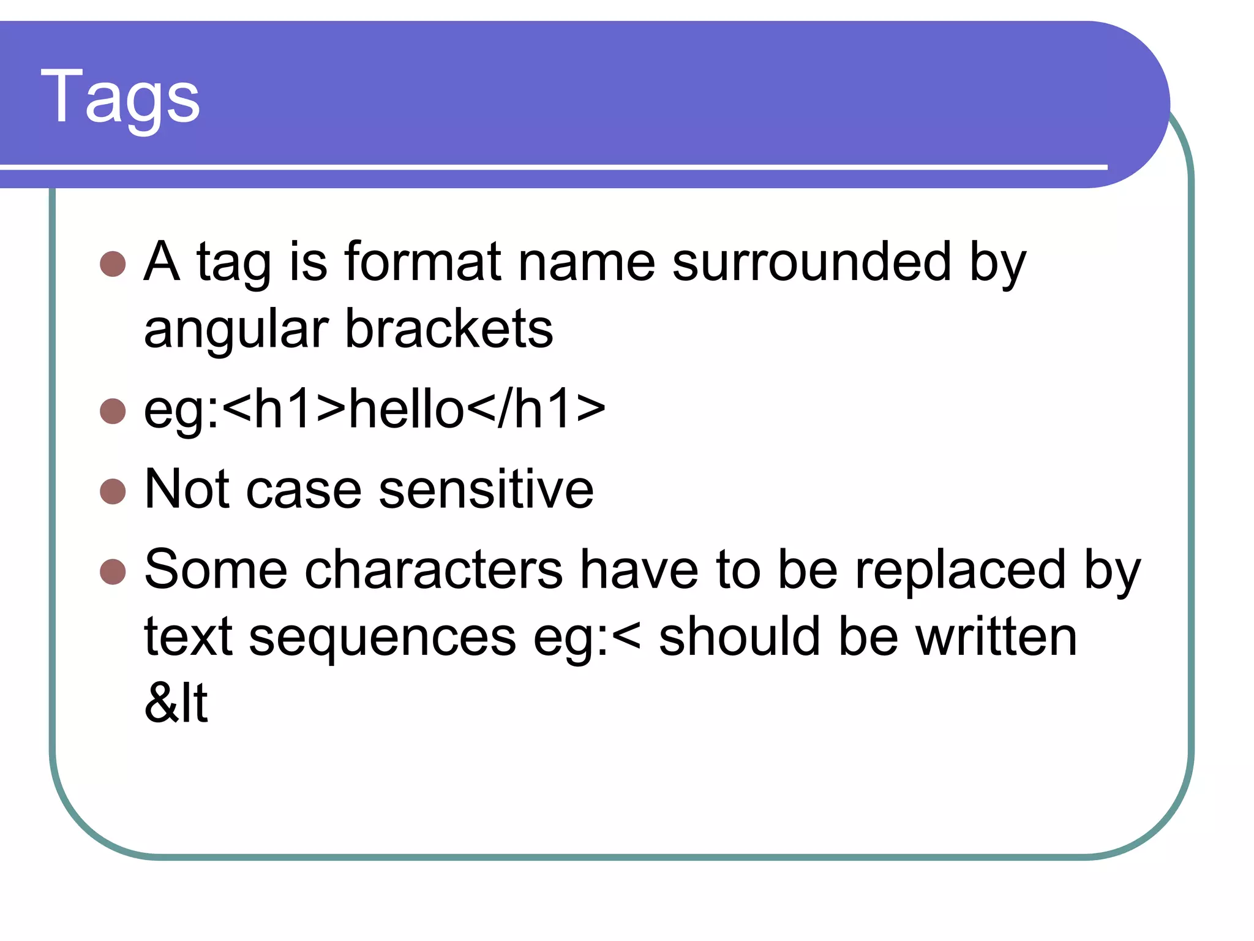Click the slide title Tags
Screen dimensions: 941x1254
click(120, 97)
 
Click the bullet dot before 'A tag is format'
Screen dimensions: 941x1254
click(113, 263)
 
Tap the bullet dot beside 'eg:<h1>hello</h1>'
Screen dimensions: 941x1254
click(113, 411)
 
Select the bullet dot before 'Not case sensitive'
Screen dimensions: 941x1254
click(113, 491)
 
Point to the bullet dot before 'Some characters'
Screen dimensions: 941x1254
click(113, 572)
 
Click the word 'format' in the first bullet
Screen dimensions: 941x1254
click(423, 262)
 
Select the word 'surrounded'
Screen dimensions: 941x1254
click(812, 262)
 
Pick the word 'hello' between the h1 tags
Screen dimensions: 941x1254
click(407, 409)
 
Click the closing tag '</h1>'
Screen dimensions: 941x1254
click(536, 409)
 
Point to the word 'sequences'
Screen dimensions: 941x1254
click(382, 637)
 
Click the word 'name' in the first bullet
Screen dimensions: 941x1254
click(587, 262)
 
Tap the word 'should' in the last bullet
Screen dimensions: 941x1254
click(739, 637)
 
